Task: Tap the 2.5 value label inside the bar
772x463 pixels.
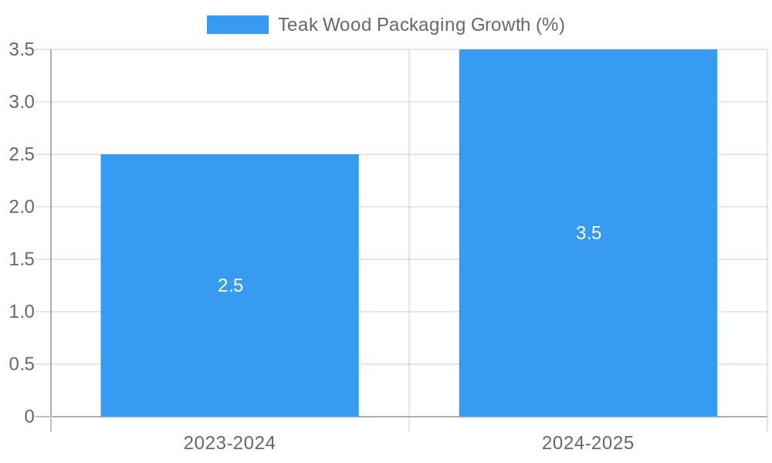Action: click(x=230, y=286)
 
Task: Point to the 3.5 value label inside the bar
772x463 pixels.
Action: click(x=588, y=233)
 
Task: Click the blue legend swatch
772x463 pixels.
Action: click(x=237, y=25)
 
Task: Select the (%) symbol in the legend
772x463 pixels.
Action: click(x=550, y=25)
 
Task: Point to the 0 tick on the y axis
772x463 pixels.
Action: click(x=29, y=417)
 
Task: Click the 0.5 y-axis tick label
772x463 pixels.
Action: click(x=22, y=364)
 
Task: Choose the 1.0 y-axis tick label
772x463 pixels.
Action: click(x=22, y=312)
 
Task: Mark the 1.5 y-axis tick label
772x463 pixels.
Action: click(x=22, y=259)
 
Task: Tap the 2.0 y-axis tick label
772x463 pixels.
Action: click(x=22, y=207)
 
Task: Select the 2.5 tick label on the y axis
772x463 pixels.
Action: click(x=22, y=154)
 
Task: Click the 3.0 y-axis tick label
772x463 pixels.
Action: click(x=22, y=102)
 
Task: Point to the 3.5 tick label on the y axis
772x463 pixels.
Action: click(x=22, y=49)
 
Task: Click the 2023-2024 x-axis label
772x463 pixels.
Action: click(x=229, y=443)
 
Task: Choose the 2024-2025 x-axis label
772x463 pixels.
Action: click(x=587, y=443)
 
